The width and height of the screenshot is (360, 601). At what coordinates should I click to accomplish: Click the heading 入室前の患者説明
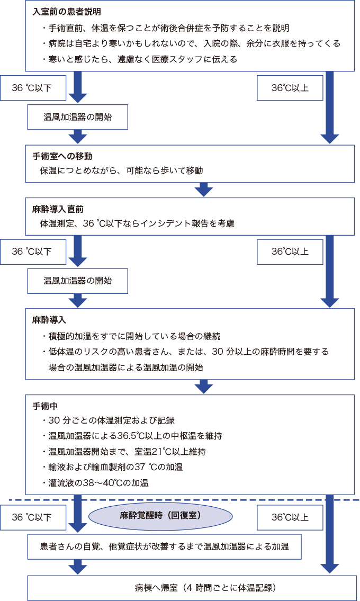67,11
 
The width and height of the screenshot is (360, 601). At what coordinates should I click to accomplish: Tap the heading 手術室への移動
62,156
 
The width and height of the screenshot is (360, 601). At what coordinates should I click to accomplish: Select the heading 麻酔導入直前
58,209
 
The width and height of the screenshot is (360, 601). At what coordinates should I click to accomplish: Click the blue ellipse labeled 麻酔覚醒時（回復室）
160,516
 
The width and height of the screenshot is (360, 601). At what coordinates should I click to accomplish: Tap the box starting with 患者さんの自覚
164,546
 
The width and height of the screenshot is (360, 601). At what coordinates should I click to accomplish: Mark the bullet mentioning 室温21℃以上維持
125,452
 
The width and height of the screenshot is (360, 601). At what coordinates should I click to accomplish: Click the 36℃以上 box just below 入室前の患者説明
290,88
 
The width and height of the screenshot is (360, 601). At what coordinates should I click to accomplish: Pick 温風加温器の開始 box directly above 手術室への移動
78,117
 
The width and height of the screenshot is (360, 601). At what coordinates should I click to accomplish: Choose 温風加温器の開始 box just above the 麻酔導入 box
78,281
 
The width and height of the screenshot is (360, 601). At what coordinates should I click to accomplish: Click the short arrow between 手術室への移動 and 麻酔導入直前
203,189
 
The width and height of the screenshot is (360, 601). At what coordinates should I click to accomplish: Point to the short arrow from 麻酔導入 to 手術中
203,386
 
